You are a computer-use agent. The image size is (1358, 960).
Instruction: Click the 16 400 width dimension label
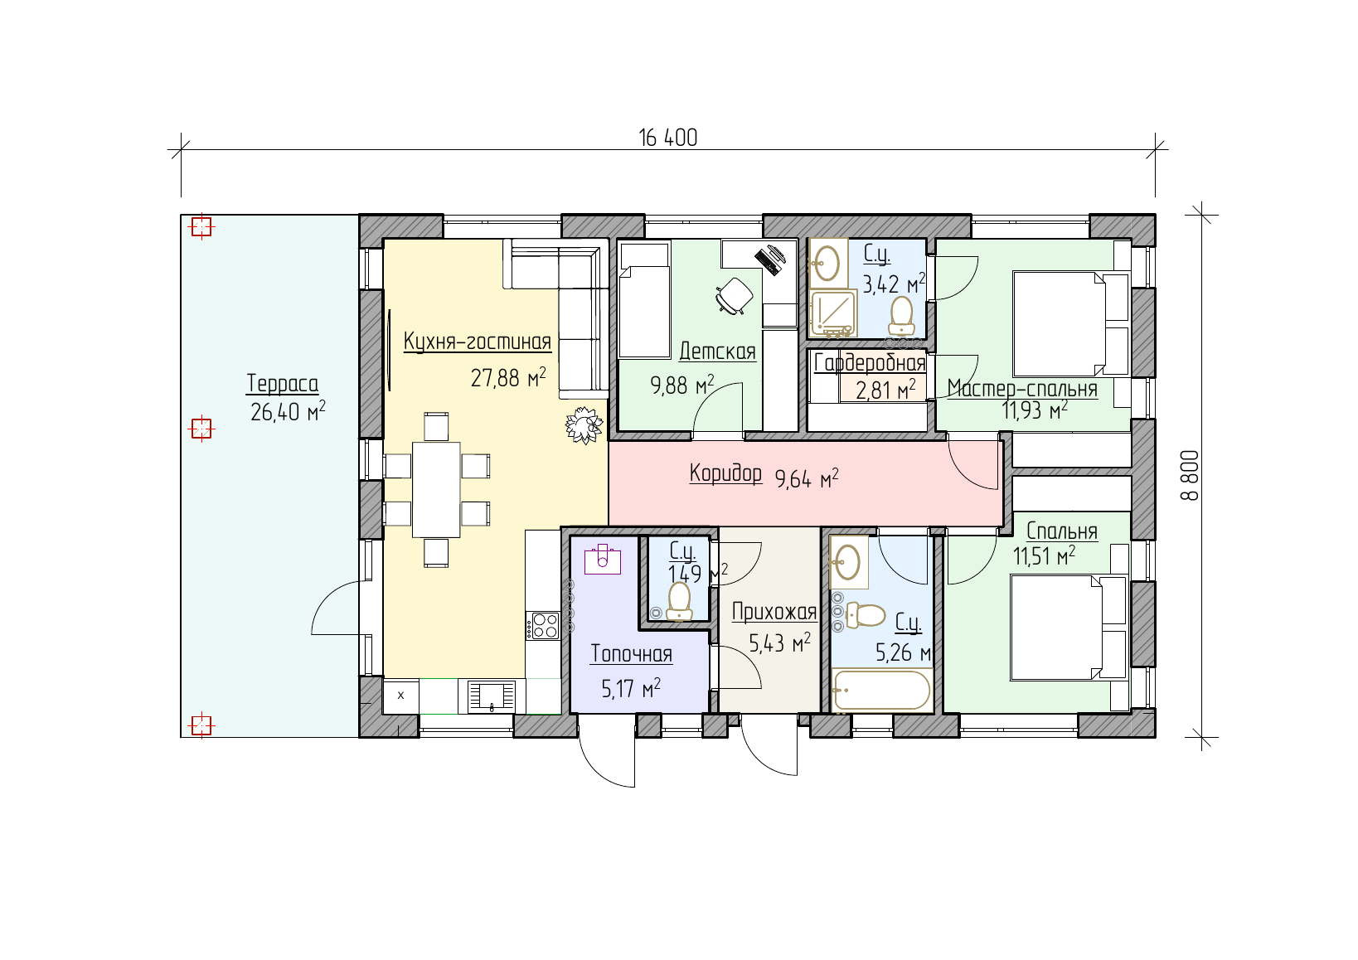pos(667,138)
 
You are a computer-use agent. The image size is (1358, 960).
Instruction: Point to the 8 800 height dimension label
pos(1190,475)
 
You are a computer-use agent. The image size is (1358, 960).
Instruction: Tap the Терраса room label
pos(283,384)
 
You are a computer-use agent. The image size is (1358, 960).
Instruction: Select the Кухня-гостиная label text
pos(477,342)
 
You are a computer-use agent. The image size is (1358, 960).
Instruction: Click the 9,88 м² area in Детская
pos(682,385)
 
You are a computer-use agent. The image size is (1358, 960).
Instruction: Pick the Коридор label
pos(725,473)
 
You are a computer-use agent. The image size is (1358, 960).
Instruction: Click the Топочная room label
pos(631,653)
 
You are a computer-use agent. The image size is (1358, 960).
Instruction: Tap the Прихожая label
pos(774,612)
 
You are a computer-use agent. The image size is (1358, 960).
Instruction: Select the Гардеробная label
pos(870,362)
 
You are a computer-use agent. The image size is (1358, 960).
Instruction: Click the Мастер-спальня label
pos(1022,388)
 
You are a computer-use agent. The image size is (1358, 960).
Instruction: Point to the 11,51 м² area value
pos(1044,555)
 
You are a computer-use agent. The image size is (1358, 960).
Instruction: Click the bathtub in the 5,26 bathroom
pos(882,691)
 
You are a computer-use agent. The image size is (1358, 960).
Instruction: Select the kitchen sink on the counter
pos(492,696)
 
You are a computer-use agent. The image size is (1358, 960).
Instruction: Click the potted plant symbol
pos(584,424)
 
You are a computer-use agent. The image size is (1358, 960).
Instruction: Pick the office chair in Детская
pos(735,296)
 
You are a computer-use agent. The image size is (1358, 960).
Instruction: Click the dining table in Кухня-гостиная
pos(436,490)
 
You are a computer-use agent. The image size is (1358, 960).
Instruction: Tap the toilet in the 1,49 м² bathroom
pos(679,602)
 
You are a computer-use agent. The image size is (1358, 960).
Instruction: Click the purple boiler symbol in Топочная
pos(603,559)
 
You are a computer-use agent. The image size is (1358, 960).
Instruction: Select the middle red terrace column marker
pos(201,429)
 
